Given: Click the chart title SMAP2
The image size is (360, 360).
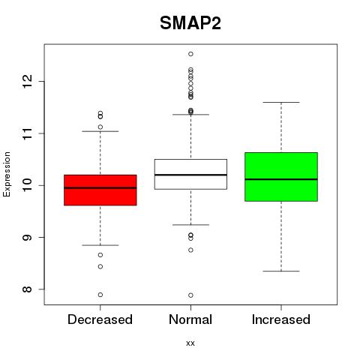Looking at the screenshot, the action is coord(190,23).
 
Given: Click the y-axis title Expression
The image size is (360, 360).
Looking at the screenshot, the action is coord(7,174).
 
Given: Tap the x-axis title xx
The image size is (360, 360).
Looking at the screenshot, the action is coord(190,343).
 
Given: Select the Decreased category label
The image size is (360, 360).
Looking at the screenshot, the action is coord(100,319).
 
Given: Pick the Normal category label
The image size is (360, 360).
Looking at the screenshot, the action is coord(190,319).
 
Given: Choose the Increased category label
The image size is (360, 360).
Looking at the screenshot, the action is coord(281,319).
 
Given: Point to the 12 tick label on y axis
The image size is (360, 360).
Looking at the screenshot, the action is coord(27,81).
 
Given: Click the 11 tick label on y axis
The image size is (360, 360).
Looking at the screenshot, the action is coord(27,133).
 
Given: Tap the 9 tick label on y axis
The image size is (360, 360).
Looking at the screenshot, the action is coord(27,237).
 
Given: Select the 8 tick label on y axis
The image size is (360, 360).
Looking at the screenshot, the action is coord(27,289).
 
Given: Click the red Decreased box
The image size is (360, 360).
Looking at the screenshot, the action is coord(100,190).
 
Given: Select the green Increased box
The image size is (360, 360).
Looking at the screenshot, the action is coord(281,177).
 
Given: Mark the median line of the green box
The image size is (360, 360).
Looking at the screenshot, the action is coord(281,179).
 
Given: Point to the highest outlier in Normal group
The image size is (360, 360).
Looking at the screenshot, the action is coord(190,54).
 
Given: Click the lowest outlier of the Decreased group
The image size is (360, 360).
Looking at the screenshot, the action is coord(100,295).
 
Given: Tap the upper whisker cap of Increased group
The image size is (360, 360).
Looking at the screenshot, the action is coord(281,102).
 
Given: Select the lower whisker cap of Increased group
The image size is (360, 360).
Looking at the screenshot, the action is coord(281,271).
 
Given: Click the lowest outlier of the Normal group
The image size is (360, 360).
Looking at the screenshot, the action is coord(190,295).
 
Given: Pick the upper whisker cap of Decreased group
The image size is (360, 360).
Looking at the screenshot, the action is coord(100,131).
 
